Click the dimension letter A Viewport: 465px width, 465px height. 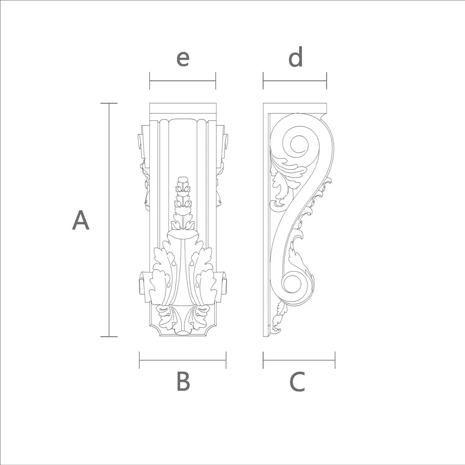(81, 220)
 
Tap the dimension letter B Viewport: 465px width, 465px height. (183, 381)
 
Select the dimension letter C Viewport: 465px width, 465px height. (297, 381)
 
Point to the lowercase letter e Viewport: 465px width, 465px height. (183, 59)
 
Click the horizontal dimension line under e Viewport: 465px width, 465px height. (183, 81)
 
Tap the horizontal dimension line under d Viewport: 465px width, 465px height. (295, 81)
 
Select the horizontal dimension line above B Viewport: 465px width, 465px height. (183, 360)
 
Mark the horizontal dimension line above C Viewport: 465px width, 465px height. (299, 360)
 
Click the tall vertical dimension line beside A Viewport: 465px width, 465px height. (109, 220)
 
